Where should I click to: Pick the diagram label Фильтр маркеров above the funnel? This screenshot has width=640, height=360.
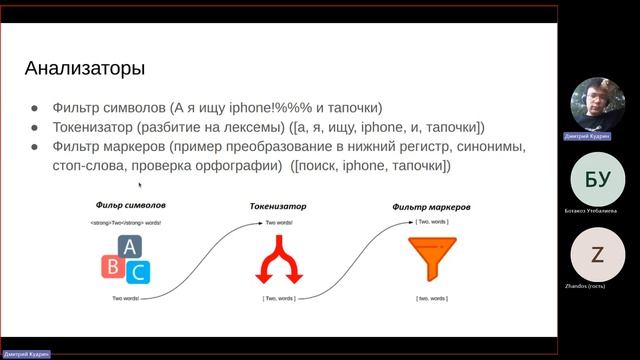tap(433, 208)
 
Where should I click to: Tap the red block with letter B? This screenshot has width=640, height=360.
tap(113, 265)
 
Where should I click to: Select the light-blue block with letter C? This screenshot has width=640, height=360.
tap(139, 270)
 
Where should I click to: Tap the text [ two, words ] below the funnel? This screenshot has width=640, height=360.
tap(433, 298)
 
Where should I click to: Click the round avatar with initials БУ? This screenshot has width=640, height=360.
tap(598, 180)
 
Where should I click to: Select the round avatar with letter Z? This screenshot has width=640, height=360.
tap(598, 255)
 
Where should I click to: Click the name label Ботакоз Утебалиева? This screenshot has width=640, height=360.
tap(598, 212)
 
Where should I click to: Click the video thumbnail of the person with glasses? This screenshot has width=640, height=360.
tap(598, 104)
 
